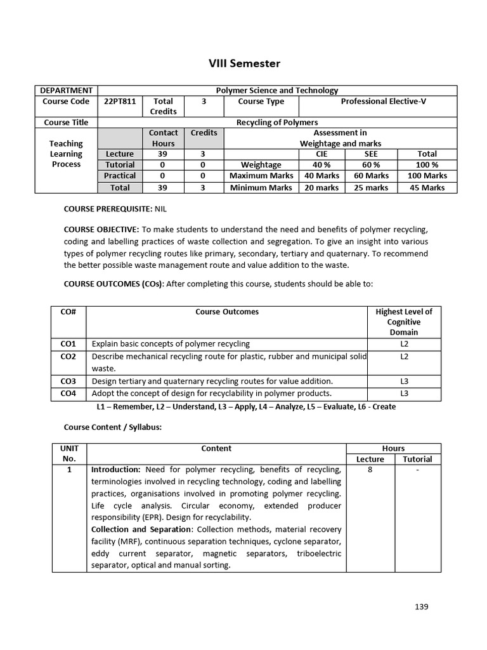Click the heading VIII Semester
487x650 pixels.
(244, 63)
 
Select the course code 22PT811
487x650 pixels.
(119, 101)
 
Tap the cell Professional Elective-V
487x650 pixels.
(383, 101)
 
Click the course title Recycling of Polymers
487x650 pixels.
(277, 123)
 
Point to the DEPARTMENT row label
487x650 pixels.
(67, 90)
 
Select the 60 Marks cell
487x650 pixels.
(371, 176)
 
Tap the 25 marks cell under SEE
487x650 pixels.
(371, 187)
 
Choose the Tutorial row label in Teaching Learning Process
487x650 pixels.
(120, 164)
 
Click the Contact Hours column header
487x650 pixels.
(163, 138)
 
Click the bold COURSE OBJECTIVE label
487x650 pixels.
(101, 229)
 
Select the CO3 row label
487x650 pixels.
(68, 381)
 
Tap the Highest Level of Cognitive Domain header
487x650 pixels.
(404, 321)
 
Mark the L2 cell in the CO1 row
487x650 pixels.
(404, 343)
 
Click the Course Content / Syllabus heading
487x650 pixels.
(113, 427)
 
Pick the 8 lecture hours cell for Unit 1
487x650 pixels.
(370, 470)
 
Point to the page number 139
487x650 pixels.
(422, 606)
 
